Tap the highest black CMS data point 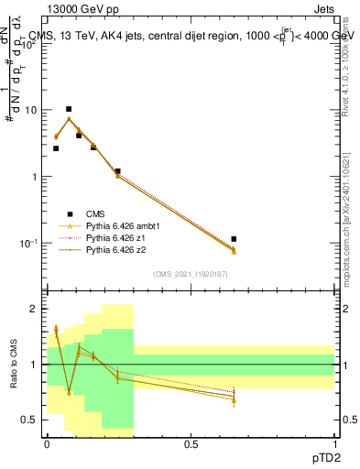click(69, 109)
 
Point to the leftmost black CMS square click(56, 148)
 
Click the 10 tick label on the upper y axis click(30, 110)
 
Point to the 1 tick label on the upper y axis click(34, 177)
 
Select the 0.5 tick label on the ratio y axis click(30, 420)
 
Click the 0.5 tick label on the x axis click(191, 443)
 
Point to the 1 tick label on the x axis click(334, 443)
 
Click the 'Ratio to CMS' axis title click(13, 364)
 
